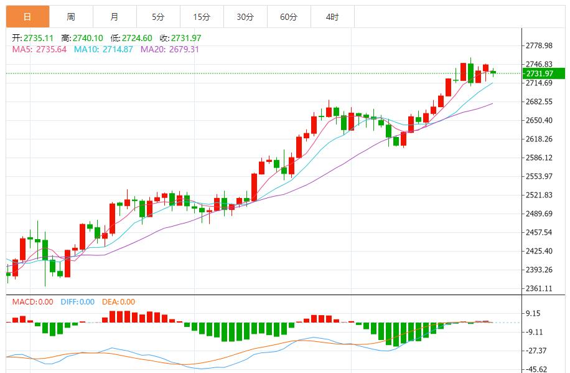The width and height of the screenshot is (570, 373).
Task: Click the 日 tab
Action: coord(27,17)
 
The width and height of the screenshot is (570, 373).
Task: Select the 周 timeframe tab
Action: coord(71,17)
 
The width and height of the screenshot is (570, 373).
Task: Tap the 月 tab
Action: coord(114,17)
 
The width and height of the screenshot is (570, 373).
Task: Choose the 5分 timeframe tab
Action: coord(158,17)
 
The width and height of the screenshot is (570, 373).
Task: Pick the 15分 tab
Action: coord(202,17)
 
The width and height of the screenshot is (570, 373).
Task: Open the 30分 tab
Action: coord(245,17)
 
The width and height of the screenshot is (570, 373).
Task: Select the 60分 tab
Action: coord(289,17)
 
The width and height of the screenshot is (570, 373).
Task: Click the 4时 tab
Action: coord(332,17)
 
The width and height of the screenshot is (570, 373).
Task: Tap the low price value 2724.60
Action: coord(135,38)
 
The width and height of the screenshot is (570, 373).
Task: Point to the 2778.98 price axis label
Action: coord(540,45)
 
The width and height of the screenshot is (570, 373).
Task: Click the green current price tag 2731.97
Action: coord(540,73)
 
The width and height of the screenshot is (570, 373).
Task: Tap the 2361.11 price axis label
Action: coord(540,288)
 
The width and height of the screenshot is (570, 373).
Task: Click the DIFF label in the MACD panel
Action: coord(69,302)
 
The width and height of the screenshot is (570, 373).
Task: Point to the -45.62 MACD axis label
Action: coord(537,369)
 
